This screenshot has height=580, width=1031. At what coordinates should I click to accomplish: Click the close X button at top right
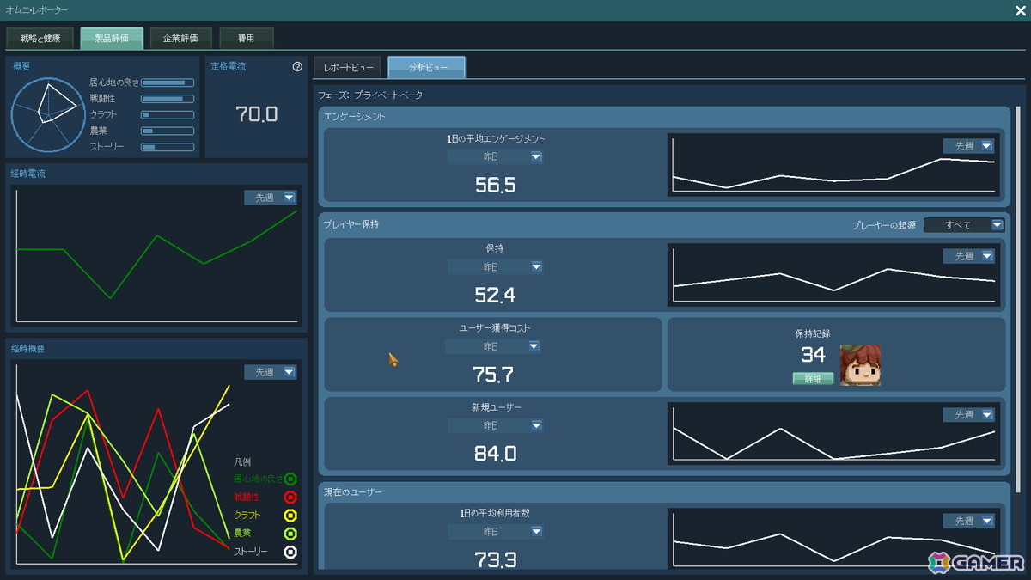1020,10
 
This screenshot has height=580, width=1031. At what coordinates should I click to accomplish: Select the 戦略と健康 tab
40,38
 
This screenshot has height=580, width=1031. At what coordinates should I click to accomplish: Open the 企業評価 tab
180,38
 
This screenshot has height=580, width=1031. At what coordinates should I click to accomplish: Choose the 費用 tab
247,38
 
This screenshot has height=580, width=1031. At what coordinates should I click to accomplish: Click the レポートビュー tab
348,68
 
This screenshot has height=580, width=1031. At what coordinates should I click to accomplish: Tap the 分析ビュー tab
427,67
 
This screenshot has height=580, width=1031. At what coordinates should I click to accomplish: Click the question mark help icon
297,67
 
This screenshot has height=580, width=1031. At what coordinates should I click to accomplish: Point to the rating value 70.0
256,114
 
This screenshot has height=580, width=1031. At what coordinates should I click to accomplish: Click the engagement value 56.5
495,185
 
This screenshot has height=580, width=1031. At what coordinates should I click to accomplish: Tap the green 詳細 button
813,378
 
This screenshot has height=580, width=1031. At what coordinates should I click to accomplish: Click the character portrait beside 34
860,365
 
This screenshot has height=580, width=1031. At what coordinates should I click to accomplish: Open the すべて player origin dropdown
964,225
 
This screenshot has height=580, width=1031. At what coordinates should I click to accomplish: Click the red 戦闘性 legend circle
290,498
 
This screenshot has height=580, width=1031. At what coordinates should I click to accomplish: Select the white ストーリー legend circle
290,552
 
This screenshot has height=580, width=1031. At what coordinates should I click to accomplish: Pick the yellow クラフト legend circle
290,516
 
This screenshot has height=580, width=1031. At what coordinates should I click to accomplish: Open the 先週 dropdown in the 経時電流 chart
271,198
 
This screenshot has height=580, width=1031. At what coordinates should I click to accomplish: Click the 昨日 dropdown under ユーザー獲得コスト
492,346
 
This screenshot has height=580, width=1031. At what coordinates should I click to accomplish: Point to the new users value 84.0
495,454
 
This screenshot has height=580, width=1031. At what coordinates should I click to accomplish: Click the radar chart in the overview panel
48,114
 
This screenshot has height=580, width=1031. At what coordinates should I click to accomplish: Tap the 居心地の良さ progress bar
168,82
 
